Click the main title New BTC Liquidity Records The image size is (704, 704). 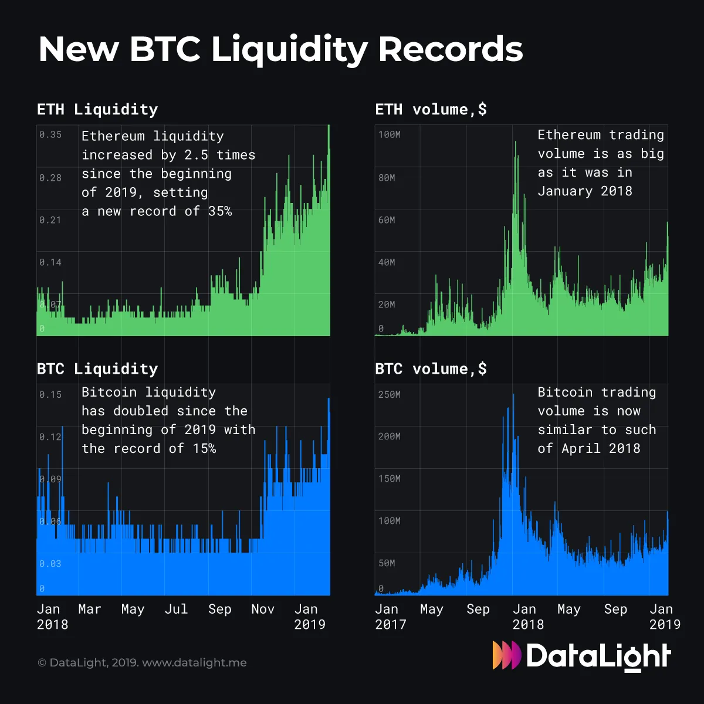pos(280,49)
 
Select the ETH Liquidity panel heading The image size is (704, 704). pos(97,110)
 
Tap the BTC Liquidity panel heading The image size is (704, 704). pos(97,369)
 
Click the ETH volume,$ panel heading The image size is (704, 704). pos(431,110)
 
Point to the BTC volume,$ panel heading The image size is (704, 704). pos(431,369)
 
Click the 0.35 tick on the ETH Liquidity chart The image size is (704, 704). pos(50,135)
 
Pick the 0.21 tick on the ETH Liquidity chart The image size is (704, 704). pos(50,220)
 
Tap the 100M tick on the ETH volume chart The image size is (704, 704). pos(390,135)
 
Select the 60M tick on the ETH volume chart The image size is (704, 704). pos(387,220)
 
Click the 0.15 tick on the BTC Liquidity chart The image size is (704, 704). pos(50,394)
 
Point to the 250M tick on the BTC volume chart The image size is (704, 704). pos(390,394)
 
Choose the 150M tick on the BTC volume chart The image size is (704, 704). pos(390,479)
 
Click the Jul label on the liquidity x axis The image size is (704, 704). pos(176,610)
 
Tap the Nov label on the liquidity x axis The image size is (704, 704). pos(263,610)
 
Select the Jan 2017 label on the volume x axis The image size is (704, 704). pos(390,617)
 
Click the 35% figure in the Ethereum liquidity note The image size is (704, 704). pos(220,211)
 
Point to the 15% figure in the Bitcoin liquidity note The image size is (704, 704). pos(204,449)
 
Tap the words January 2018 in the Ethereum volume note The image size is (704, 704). pos(585,191)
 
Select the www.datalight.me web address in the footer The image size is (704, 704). pos(194,663)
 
